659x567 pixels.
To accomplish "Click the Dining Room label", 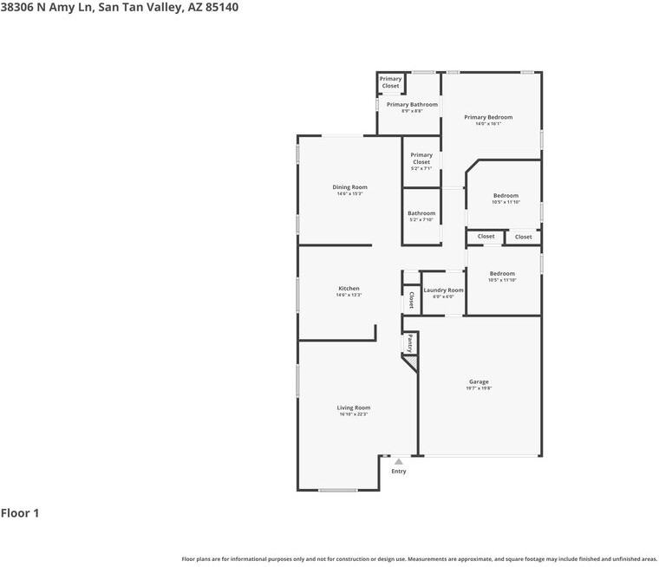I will point(349,187).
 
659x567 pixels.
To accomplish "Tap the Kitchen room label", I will point(349,289).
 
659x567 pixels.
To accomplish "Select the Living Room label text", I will point(354,407).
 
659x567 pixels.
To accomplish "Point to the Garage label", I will point(479,381).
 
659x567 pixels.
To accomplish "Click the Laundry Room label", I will point(443,290).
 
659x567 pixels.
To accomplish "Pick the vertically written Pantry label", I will point(410,343).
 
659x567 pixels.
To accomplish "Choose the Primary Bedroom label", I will point(488,117).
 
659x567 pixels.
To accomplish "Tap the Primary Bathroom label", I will point(412,105).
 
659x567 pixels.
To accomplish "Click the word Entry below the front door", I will point(399,472).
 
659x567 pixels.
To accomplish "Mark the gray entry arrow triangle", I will point(399,462).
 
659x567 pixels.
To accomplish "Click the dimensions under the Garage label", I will point(479,388).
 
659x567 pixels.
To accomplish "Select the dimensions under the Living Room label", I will point(354,414).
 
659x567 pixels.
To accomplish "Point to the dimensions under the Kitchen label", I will point(349,296).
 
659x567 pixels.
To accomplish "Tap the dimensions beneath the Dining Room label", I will point(349,194).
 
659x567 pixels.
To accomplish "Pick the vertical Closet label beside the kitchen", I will point(411,301).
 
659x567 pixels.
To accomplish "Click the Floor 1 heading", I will point(20,513).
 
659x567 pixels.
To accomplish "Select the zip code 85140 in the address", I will point(219,7).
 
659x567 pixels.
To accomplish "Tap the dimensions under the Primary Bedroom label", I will point(488,124).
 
